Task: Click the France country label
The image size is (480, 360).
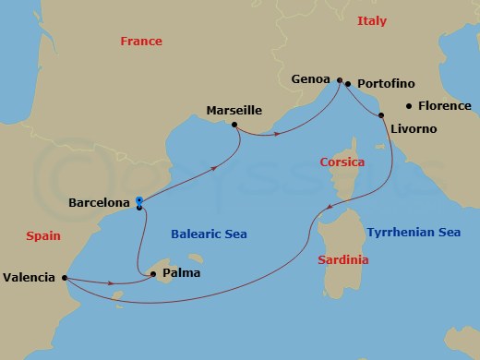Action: click(141, 41)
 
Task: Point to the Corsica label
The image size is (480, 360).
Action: click(342, 162)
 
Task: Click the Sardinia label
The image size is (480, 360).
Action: click(343, 260)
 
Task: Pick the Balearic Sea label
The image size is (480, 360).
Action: click(209, 234)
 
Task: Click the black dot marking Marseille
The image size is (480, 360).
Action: click(234, 125)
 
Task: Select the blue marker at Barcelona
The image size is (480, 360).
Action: click(138, 200)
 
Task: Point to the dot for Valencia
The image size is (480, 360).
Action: click(65, 277)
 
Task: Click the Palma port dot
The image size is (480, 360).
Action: click(152, 273)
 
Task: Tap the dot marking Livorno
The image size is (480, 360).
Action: click(381, 115)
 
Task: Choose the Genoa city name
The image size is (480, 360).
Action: click(311, 79)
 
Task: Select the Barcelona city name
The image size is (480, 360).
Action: click(99, 202)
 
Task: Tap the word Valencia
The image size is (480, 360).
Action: click(30, 276)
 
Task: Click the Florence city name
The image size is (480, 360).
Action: click(445, 106)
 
